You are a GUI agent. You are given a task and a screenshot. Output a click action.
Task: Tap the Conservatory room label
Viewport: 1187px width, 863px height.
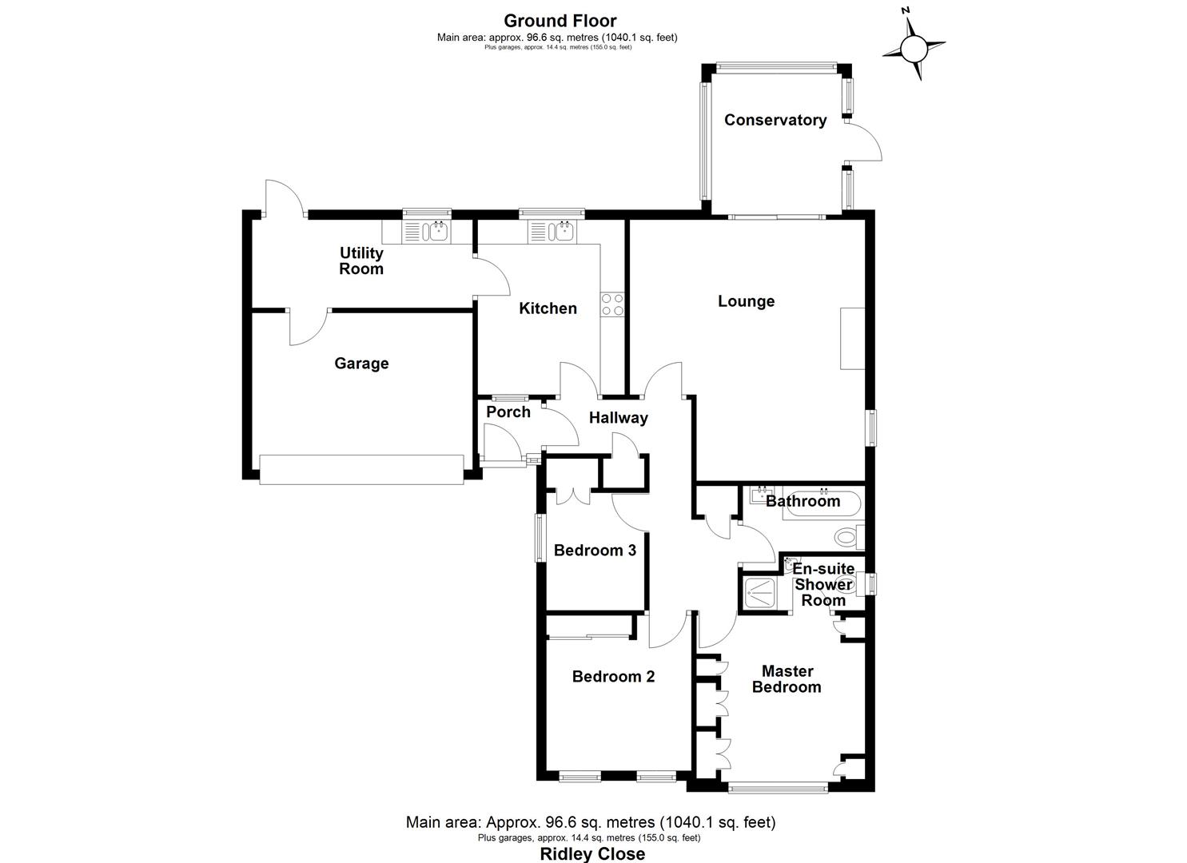tap(775, 120)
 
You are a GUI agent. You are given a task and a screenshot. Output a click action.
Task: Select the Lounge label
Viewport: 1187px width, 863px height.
tap(746, 301)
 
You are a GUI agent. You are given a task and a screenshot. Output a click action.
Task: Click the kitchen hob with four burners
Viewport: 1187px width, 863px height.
tap(613, 304)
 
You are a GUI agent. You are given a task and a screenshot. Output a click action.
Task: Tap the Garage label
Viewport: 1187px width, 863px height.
tap(361, 364)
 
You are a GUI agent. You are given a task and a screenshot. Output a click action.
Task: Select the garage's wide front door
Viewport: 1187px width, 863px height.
tap(361, 469)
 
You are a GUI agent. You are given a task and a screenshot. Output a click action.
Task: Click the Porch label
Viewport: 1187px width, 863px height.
tap(508, 412)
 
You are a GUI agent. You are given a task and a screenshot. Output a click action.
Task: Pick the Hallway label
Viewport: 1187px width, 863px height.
tap(618, 417)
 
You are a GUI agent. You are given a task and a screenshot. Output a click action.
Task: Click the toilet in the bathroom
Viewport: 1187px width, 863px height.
tap(849, 536)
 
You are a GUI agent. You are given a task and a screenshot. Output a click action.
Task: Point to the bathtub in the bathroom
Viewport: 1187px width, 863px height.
tap(823, 503)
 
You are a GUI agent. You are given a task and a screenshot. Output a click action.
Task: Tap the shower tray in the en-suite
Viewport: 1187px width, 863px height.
tap(763, 594)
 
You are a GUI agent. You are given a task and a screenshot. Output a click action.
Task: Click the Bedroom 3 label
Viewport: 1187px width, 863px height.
tap(595, 550)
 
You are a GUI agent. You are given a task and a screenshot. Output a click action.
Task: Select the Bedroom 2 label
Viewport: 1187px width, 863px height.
tap(613, 677)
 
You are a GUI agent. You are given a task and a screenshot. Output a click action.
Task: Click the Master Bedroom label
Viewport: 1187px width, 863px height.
tap(787, 679)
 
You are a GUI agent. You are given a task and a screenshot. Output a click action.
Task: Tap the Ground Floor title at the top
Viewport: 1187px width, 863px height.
tap(560, 21)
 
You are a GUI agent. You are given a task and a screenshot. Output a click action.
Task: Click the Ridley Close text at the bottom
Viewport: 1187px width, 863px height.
tap(592, 853)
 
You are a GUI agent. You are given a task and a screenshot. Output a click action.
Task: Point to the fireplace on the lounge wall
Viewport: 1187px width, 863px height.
tap(852, 338)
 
